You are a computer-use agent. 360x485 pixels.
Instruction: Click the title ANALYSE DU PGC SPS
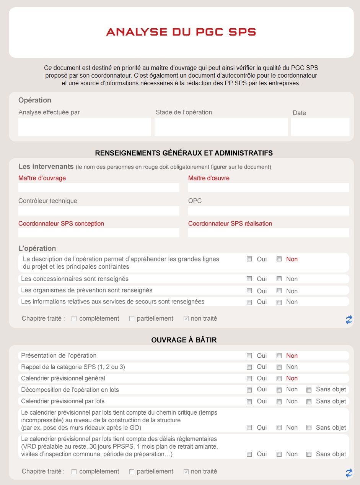coord(181,32)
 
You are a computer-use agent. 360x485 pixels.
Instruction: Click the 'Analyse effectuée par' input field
coord(85,127)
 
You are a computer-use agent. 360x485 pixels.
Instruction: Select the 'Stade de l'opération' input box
coord(221,127)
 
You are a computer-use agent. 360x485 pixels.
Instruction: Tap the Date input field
coord(320,127)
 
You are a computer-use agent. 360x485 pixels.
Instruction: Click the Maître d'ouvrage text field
coord(99,188)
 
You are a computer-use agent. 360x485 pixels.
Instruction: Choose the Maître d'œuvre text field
coord(269,188)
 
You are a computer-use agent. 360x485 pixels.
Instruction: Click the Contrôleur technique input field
coord(99,211)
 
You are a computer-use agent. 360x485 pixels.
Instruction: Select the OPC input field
coord(269,211)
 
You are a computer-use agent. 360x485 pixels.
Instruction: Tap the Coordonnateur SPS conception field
coord(99,233)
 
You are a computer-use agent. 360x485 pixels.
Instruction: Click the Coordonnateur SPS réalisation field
coord(269,233)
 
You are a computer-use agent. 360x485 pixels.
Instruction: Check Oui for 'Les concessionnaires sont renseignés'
coord(249,279)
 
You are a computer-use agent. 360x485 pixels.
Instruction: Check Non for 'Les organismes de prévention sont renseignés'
coord(279,291)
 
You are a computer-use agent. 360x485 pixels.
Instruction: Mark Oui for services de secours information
coord(249,302)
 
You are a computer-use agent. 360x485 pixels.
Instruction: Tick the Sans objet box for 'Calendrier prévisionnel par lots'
coord(309,402)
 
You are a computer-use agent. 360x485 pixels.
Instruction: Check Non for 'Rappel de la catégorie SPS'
coord(279,367)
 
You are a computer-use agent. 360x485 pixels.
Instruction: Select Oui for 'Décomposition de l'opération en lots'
coord(249,390)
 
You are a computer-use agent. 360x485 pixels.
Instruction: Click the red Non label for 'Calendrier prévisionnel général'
coord(292,378)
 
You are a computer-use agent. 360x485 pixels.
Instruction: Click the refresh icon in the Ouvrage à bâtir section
coord(349,473)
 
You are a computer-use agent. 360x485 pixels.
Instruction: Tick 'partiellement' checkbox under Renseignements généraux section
coord(132,319)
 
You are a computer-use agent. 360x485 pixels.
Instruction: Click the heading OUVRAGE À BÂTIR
coord(184,340)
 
